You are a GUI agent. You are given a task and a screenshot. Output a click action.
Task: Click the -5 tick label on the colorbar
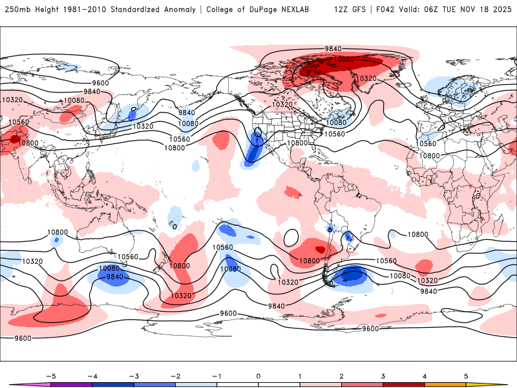click(52, 375)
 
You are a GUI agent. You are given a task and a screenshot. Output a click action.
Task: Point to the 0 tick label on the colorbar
click(258, 375)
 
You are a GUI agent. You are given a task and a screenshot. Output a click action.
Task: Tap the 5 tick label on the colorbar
click(466, 375)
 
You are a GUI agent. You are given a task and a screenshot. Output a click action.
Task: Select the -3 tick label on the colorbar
click(134, 375)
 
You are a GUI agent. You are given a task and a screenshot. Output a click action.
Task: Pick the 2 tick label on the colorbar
click(341, 375)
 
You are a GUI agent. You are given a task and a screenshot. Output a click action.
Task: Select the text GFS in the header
click(358, 10)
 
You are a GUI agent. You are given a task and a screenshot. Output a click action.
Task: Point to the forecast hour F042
click(383, 10)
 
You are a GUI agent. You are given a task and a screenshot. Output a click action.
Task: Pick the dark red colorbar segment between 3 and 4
click(403, 385)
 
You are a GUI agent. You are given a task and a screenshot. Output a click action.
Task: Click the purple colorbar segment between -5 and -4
click(72, 385)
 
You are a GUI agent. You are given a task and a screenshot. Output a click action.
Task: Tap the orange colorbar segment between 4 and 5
click(445, 385)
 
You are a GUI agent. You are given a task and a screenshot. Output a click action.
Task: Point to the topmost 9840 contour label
click(333, 48)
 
